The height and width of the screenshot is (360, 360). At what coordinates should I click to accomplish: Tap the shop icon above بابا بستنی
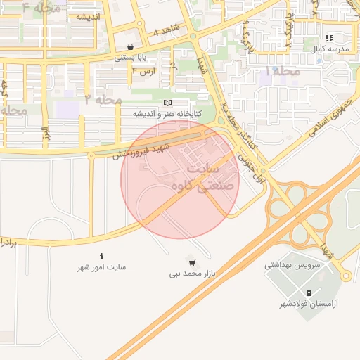point(130,46)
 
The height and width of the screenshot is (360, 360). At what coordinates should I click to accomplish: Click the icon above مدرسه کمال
point(329,38)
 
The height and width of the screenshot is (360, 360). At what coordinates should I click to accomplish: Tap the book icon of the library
point(167,103)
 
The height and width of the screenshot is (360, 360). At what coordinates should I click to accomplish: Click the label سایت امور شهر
point(102,267)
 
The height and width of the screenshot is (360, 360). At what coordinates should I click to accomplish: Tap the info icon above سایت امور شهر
point(103,256)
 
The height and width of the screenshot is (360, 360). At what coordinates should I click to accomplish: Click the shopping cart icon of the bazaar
point(192,260)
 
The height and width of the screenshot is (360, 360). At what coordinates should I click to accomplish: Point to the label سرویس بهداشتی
point(292,265)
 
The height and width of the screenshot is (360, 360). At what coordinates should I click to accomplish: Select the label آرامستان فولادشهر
point(309,304)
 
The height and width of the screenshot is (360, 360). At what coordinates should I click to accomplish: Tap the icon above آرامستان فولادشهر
point(309,292)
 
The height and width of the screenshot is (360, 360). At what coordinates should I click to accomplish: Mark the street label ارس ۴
point(143,71)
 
